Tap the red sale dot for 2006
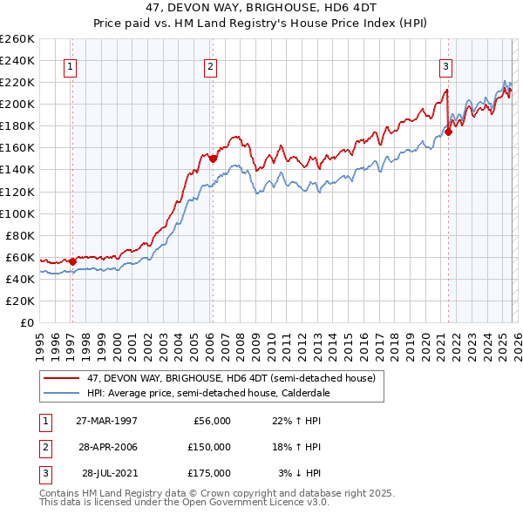click(213, 159)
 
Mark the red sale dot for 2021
click(448, 132)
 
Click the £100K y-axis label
click(17, 213)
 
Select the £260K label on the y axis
click(17, 39)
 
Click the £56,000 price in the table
click(212, 421)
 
